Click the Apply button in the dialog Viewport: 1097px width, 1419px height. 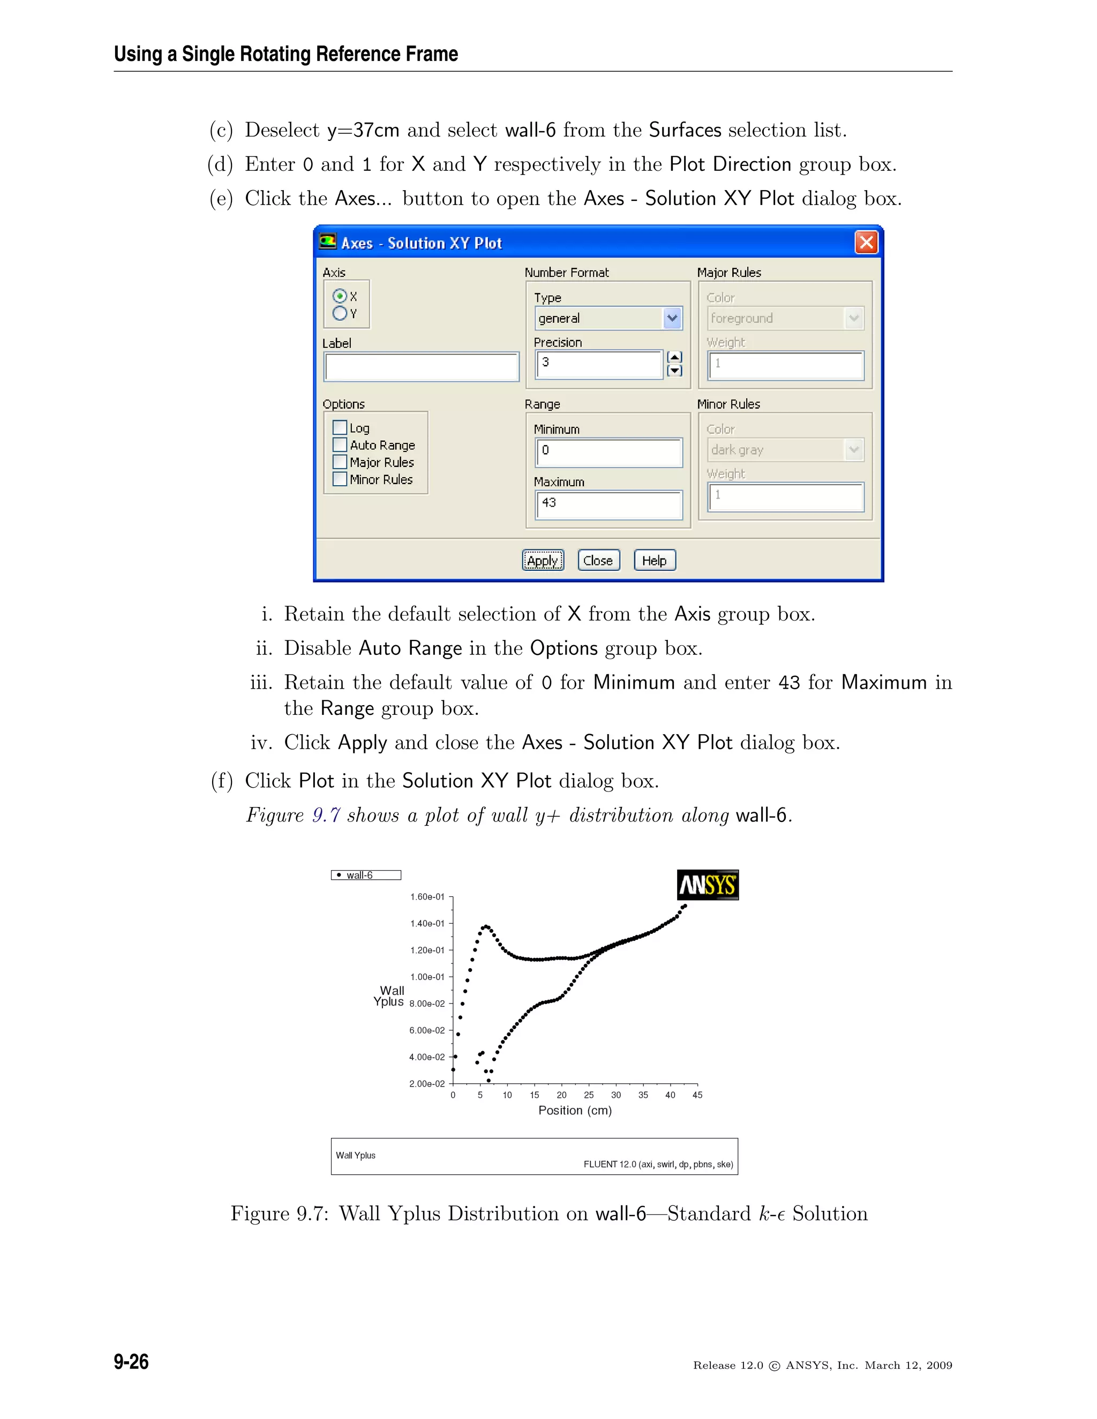click(x=543, y=560)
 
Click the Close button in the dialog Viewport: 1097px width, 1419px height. click(x=598, y=560)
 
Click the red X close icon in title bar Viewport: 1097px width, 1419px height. click(x=866, y=243)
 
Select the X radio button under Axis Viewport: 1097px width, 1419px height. click(x=339, y=296)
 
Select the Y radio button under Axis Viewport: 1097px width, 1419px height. click(x=339, y=313)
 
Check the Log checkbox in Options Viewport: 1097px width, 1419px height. click(x=339, y=427)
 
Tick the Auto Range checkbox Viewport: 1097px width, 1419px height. click(x=339, y=444)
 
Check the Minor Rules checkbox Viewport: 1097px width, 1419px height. click(x=339, y=479)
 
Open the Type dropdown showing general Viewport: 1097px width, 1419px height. click(x=672, y=319)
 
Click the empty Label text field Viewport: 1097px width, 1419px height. click(x=421, y=367)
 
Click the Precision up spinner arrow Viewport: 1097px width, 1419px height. click(x=674, y=357)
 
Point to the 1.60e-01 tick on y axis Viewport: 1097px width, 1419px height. click(x=427, y=896)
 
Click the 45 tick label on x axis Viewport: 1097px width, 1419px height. click(x=697, y=1095)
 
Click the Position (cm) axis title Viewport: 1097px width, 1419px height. click(x=575, y=1111)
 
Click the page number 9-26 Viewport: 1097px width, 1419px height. click(x=131, y=1361)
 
